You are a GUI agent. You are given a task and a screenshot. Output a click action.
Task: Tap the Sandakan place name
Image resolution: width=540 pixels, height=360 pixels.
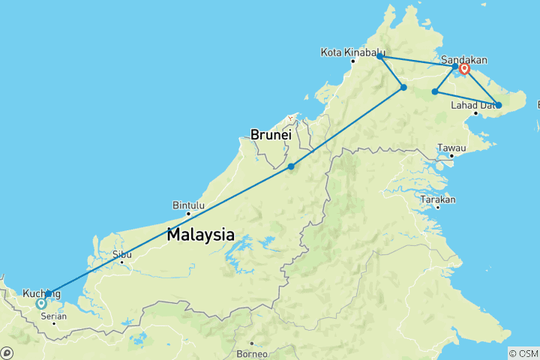click(x=465, y=59)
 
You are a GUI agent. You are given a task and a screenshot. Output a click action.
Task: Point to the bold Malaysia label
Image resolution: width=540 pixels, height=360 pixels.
click(x=200, y=233)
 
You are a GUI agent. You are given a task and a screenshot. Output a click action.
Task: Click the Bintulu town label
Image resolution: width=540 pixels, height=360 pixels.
click(x=188, y=204)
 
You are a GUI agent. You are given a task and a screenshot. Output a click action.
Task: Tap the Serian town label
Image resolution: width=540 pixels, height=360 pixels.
click(x=53, y=316)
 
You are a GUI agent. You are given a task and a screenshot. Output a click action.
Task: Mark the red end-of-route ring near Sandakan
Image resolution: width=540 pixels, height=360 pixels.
click(x=464, y=70)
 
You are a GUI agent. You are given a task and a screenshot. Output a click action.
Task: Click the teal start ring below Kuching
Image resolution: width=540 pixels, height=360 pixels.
click(x=41, y=304)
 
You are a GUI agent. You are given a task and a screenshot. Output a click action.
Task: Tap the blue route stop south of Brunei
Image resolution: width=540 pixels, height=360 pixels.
click(x=291, y=166)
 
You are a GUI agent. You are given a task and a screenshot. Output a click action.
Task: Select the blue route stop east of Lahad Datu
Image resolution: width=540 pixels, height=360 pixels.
click(x=498, y=105)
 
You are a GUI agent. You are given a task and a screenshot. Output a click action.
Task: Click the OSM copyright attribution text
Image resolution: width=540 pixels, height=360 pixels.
click(x=523, y=353)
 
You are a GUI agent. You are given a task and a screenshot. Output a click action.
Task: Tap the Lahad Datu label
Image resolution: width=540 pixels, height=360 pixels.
click(x=472, y=105)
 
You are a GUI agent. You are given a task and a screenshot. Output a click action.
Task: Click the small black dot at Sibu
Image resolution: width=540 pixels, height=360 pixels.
click(x=121, y=262)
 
